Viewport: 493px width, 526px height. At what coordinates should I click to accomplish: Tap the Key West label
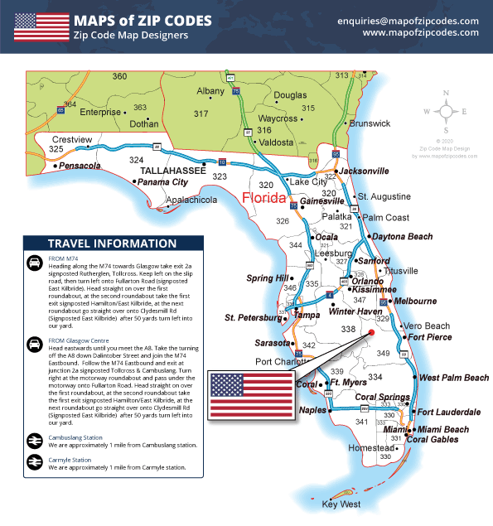tap(341, 504)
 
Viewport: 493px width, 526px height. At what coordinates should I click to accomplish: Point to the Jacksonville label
tap(364, 171)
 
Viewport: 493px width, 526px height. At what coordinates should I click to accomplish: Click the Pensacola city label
tap(81, 166)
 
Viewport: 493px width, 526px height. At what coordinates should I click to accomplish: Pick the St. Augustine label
tap(384, 196)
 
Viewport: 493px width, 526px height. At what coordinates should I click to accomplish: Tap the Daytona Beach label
tap(402, 237)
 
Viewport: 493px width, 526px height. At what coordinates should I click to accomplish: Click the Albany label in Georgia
tap(210, 91)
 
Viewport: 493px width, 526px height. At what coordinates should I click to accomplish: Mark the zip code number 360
tap(119, 76)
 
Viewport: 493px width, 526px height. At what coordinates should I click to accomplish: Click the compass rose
tap(447, 110)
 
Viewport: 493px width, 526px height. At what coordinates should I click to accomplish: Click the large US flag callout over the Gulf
tap(251, 395)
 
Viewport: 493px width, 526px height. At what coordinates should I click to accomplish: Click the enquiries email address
tap(408, 21)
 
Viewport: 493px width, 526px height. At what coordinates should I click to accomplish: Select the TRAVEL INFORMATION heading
tap(105, 244)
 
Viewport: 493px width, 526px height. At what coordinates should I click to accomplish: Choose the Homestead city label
tap(371, 448)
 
